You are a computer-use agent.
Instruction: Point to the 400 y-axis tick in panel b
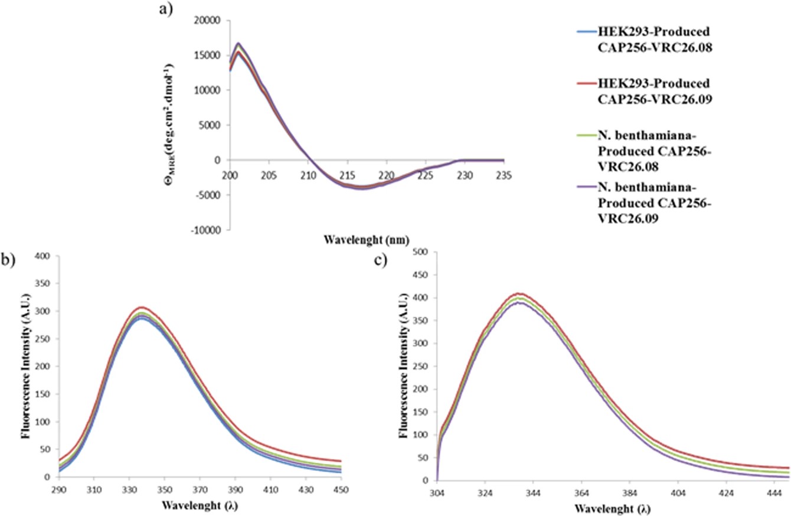[42, 256]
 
